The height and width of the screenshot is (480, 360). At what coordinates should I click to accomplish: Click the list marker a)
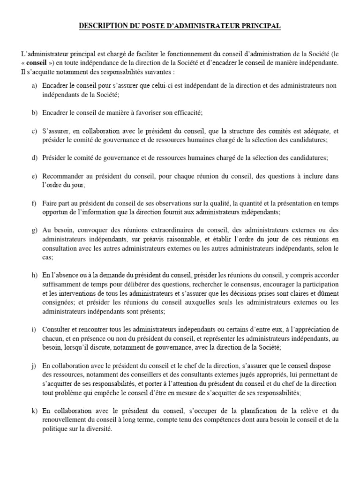coord(34,86)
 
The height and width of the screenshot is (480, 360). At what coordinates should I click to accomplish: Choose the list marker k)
coord(34,411)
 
